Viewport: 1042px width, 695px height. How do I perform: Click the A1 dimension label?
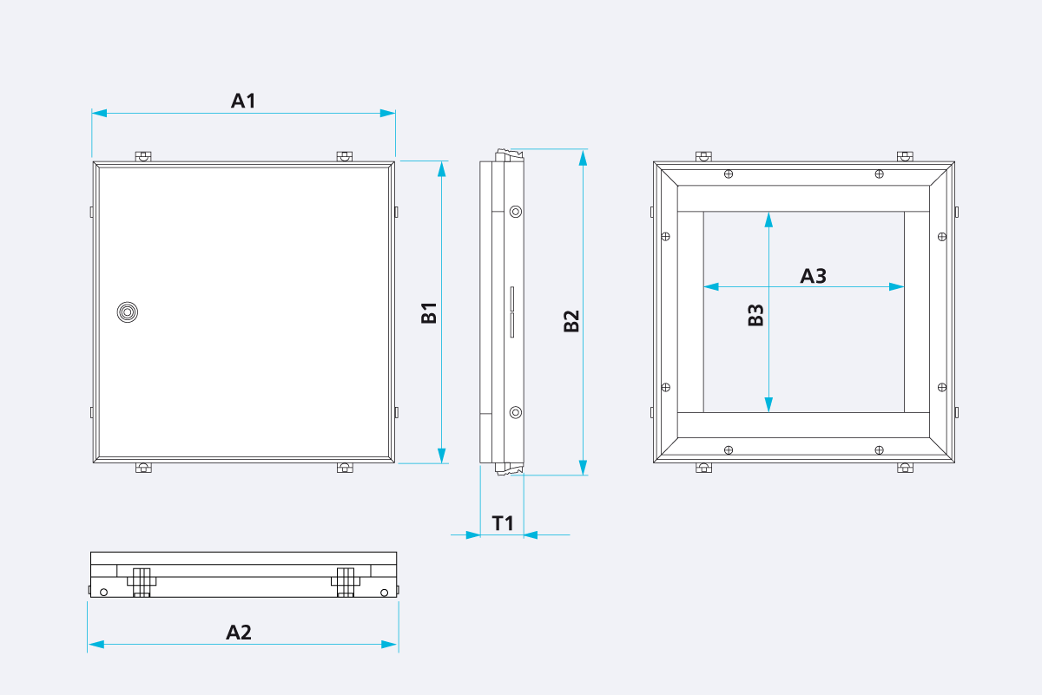coord(243,101)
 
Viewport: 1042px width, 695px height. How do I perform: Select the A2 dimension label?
coord(239,633)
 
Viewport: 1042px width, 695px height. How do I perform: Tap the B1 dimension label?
coord(429,313)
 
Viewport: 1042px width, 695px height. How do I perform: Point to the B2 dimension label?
coord(571,321)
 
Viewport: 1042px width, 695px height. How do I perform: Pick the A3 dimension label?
coord(813,276)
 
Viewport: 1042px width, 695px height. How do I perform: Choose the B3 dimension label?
coord(756,315)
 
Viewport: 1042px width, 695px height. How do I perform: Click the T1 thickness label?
coord(503,523)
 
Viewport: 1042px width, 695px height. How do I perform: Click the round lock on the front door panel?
coord(127,312)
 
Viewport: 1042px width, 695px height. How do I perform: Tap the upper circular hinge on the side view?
coord(516,211)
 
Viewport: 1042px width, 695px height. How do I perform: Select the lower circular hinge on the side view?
coord(516,412)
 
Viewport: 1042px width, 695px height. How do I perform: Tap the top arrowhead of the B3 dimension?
coord(768,219)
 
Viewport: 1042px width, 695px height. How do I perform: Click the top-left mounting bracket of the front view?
coord(143,157)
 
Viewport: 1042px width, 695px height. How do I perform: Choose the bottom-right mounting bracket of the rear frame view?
coord(905,469)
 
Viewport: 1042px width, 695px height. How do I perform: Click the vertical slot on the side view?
coord(511,311)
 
